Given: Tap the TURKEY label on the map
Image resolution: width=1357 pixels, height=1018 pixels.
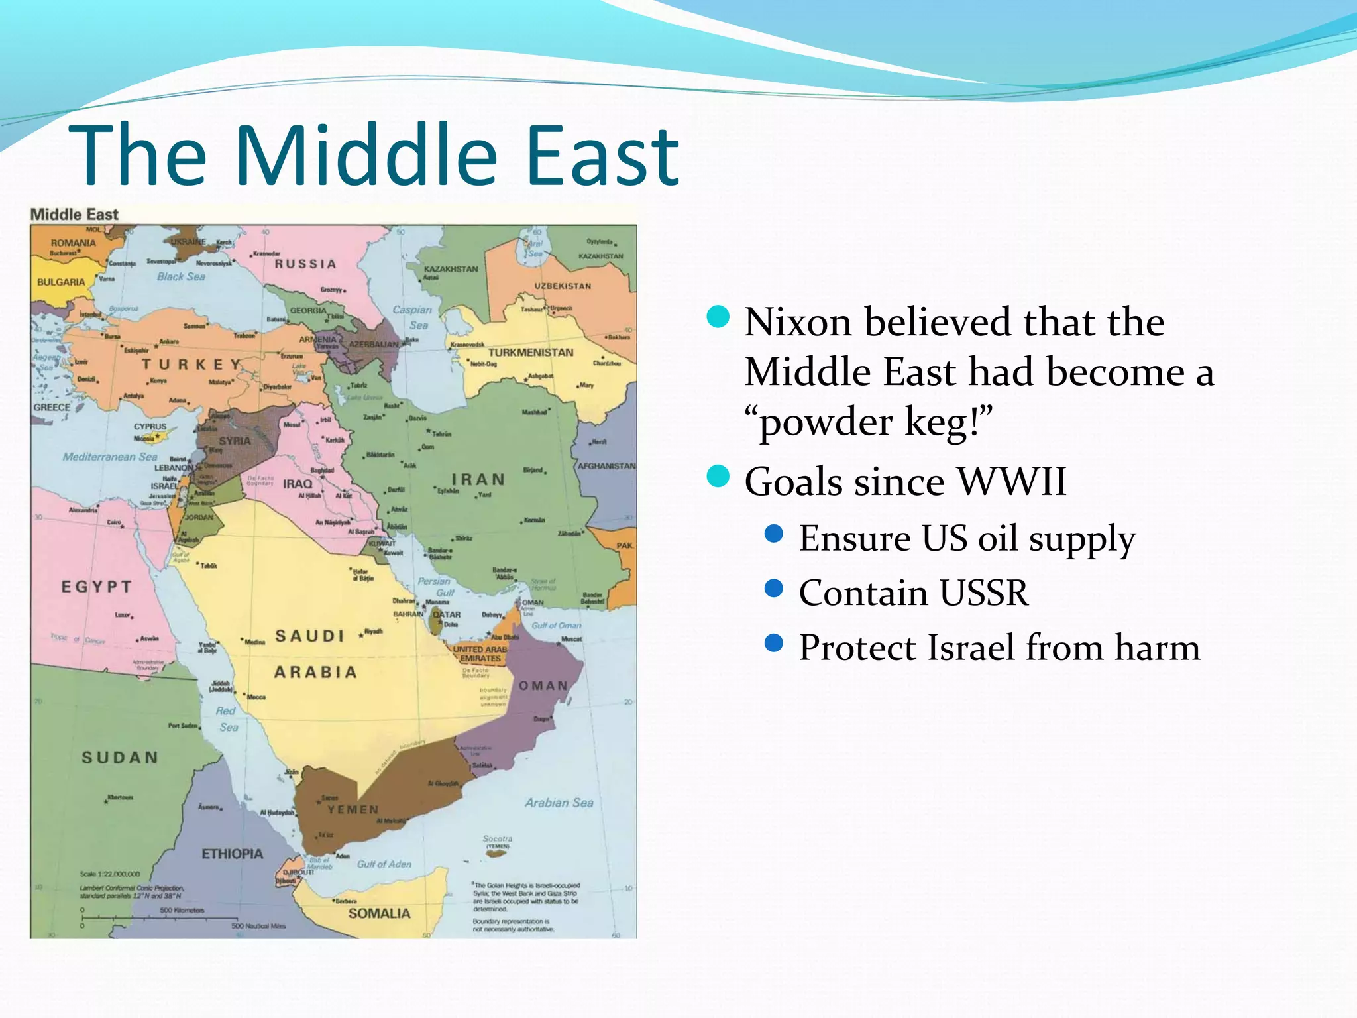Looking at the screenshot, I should pos(191,365).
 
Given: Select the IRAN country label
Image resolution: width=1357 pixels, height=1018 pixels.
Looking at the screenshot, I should pos(478,479).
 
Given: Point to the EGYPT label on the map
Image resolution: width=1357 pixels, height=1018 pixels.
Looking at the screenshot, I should pos(97,587).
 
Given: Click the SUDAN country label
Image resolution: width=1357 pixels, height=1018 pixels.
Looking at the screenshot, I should pos(120,758).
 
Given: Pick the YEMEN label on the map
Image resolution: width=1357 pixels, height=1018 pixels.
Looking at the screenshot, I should pos(353,809).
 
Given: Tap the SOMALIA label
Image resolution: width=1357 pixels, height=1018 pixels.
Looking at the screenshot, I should pos(380,913).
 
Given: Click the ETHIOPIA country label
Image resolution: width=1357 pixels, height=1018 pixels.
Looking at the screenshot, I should pos(232,854).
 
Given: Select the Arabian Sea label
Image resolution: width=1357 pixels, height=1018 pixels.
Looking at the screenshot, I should pos(559,803).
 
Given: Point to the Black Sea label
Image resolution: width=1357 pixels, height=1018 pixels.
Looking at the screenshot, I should pos(181,276).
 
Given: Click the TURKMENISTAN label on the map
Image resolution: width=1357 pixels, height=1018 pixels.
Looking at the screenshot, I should pos(531,353).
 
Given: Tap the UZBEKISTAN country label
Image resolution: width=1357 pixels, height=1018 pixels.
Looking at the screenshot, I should pos(563,286).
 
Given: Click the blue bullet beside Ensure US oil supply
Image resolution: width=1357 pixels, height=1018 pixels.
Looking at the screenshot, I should pos(773,534).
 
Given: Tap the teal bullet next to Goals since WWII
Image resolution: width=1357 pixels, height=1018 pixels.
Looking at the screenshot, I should pos(718,476).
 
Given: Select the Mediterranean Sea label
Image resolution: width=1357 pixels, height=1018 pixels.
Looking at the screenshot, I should pos(110,457).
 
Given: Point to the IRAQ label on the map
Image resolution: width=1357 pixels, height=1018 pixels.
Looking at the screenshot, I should pos(298,484).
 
